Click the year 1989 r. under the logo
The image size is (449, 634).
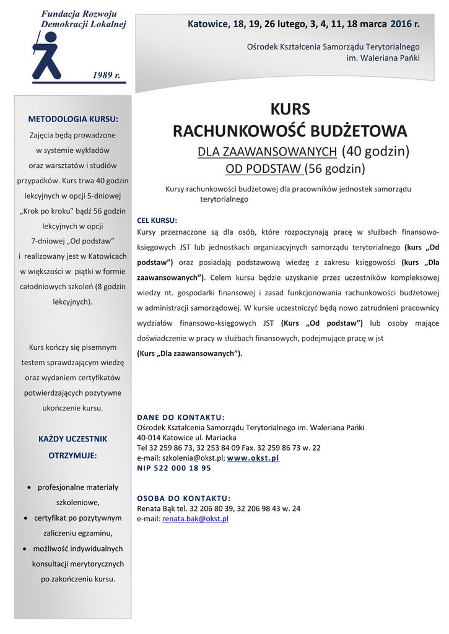(106, 75)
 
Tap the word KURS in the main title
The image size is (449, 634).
(290, 110)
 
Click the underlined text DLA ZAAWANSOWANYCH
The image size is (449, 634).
(267, 151)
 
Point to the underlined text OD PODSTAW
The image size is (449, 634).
(263, 169)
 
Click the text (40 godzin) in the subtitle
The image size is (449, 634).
(375, 151)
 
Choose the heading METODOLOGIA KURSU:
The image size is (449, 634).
(73, 119)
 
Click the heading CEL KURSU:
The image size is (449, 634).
(157, 220)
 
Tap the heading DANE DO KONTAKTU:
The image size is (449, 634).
(180, 417)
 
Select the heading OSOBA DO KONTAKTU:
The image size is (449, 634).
(183, 498)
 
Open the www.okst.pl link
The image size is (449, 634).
(253, 458)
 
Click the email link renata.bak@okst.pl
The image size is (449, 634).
(195, 519)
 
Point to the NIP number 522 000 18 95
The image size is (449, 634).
(183, 468)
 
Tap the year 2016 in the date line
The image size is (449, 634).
(401, 24)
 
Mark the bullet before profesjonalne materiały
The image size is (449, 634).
(30, 487)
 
